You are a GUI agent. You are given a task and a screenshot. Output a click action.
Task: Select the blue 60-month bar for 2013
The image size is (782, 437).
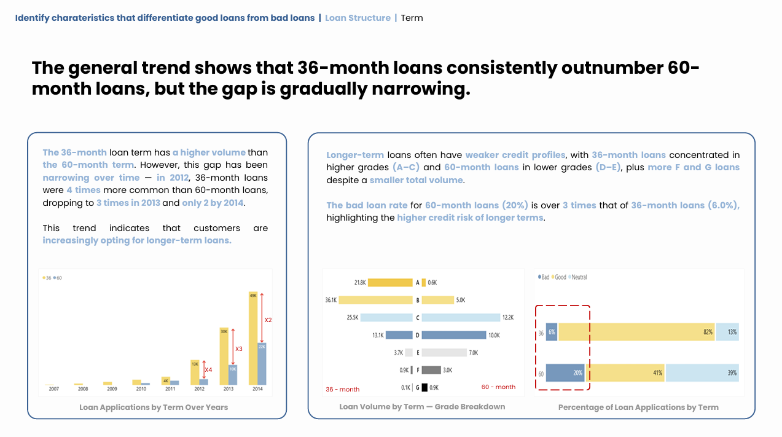click(x=232, y=375)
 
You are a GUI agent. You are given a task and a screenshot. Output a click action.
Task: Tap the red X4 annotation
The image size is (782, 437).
click(x=208, y=370)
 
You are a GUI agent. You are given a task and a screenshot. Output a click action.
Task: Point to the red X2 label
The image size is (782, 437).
click(x=268, y=320)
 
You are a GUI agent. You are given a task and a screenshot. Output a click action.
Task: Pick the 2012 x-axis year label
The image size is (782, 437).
click(x=199, y=389)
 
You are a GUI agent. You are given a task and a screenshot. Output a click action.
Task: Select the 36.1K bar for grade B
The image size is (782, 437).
click(x=375, y=300)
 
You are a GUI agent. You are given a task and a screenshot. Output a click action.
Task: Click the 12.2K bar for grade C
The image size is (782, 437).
click(x=461, y=318)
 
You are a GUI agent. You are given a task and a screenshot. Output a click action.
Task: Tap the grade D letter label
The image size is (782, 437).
click(x=417, y=336)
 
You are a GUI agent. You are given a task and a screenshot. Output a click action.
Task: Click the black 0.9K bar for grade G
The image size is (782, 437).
click(x=424, y=388)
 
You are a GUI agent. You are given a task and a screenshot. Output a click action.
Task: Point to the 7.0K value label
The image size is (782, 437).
click(x=473, y=353)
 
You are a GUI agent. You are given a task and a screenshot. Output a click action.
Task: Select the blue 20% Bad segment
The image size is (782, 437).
click(x=565, y=373)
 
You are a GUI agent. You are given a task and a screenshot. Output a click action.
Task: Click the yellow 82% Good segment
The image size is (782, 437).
click(x=636, y=332)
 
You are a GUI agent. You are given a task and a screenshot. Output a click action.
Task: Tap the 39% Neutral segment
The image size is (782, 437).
click(x=702, y=373)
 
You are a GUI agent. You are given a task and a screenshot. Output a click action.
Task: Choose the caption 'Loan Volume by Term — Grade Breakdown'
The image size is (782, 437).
click(x=422, y=407)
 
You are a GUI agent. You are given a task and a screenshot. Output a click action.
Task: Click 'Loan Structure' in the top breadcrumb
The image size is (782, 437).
click(x=358, y=18)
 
